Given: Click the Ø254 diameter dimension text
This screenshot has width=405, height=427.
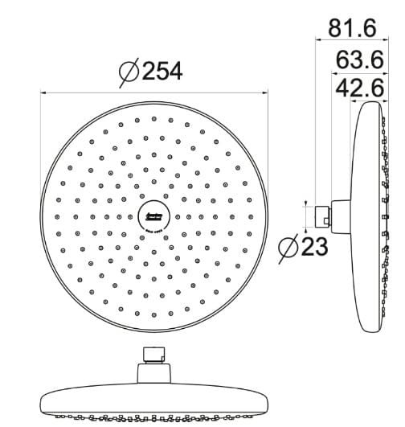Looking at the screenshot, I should (x=151, y=72).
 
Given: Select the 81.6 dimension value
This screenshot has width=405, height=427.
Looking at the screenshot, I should (x=352, y=27).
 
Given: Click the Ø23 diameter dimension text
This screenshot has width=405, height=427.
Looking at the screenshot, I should (x=303, y=247).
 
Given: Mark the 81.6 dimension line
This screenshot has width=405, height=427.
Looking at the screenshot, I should (x=354, y=43).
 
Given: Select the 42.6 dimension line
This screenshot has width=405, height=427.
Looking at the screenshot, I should (x=369, y=100).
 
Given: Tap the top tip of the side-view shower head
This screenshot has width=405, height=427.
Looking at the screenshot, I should (x=372, y=104).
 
